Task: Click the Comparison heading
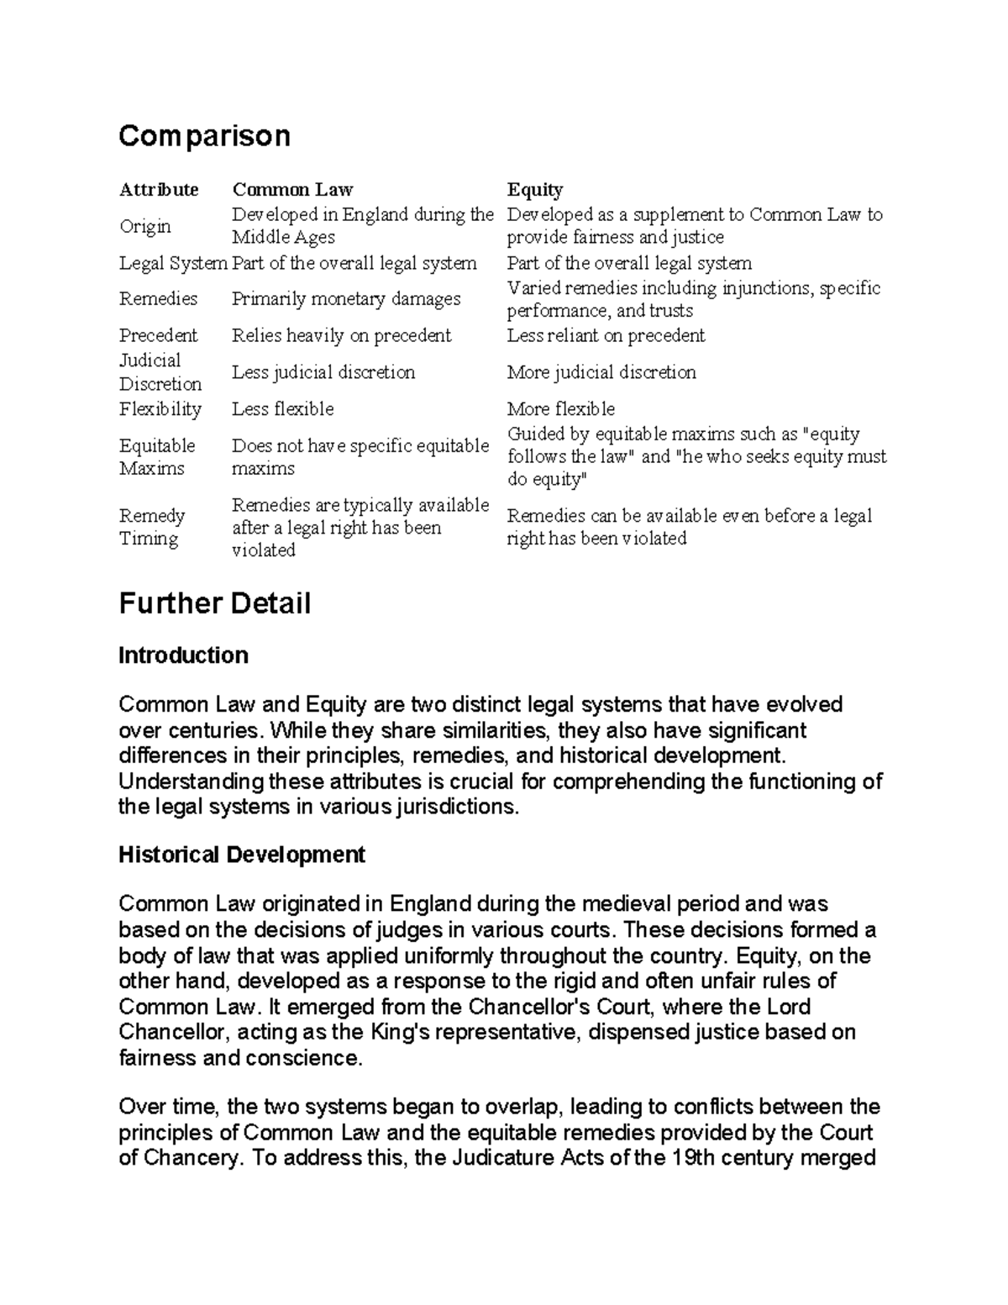[x=204, y=135]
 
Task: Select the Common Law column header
[x=292, y=189]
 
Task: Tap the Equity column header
[x=534, y=189]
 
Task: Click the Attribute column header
[x=159, y=189]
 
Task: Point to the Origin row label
[x=144, y=226]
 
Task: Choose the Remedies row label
[x=158, y=298]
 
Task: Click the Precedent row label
[x=158, y=335]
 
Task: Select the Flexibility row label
[x=160, y=409]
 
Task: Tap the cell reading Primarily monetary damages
[x=346, y=298]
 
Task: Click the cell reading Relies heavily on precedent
[x=341, y=335]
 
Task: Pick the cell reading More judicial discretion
[x=601, y=371]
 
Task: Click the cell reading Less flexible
[x=282, y=409]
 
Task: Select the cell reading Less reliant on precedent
[x=606, y=335]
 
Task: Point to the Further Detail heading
[x=214, y=603]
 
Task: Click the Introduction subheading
[x=183, y=655]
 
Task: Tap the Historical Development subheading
[x=242, y=855]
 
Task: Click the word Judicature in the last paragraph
[x=491, y=1158]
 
